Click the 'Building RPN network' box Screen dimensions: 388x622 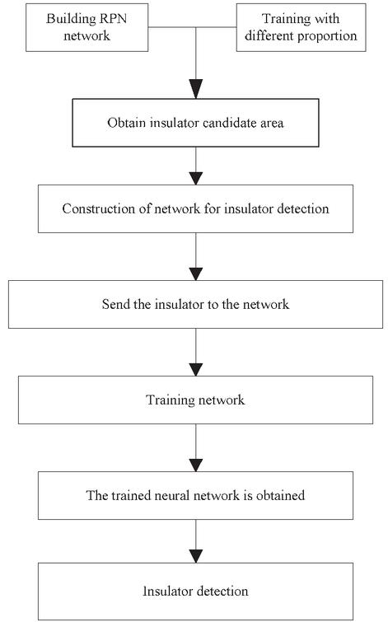[86, 27]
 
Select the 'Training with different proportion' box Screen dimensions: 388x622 [302, 27]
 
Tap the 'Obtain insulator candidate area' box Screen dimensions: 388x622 [195, 123]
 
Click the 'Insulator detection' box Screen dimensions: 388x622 [195, 591]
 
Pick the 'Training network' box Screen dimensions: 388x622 [195, 400]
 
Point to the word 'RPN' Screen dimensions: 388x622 [113, 19]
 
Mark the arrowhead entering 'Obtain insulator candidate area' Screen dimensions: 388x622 [195, 89]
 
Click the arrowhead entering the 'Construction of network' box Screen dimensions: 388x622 [195, 179]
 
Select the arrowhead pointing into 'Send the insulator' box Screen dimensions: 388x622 [195, 274]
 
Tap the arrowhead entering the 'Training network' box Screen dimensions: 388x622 [195, 370]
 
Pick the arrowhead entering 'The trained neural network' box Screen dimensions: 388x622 [195, 465]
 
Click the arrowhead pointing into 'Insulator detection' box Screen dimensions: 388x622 [195, 556]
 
